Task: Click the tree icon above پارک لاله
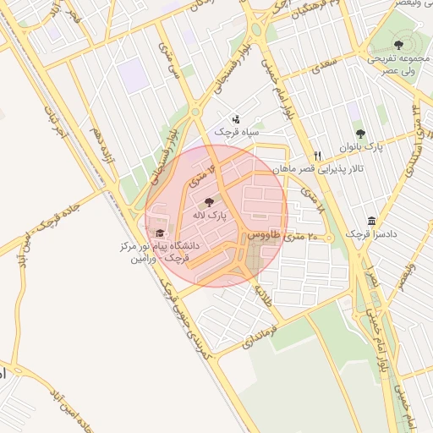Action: pyautogui.click(x=209, y=201)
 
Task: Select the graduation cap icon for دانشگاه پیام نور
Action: pyautogui.click(x=160, y=233)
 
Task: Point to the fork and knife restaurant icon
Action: pyautogui.click(x=318, y=156)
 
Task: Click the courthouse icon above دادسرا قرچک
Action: pyautogui.click(x=372, y=221)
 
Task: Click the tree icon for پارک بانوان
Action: pyautogui.click(x=360, y=134)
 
